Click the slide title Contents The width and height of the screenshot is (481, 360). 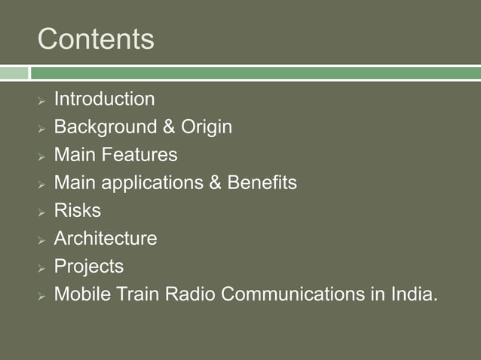click(x=96, y=38)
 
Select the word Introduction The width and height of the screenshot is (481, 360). click(x=104, y=99)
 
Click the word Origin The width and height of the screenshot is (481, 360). click(x=206, y=127)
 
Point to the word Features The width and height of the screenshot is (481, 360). click(x=139, y=155)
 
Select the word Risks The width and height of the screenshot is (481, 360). click(x=77, y=211)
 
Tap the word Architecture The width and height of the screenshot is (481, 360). click(x=106, y=239)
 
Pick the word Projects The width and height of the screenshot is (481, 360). click(x=88, y=267)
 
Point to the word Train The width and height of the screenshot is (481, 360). click(x=133, y=294)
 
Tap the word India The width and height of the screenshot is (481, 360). click(x=413, y=294)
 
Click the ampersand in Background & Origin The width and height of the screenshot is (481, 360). click(x=170, y=127)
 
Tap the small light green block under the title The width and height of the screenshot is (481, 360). click(x=14, y=73)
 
